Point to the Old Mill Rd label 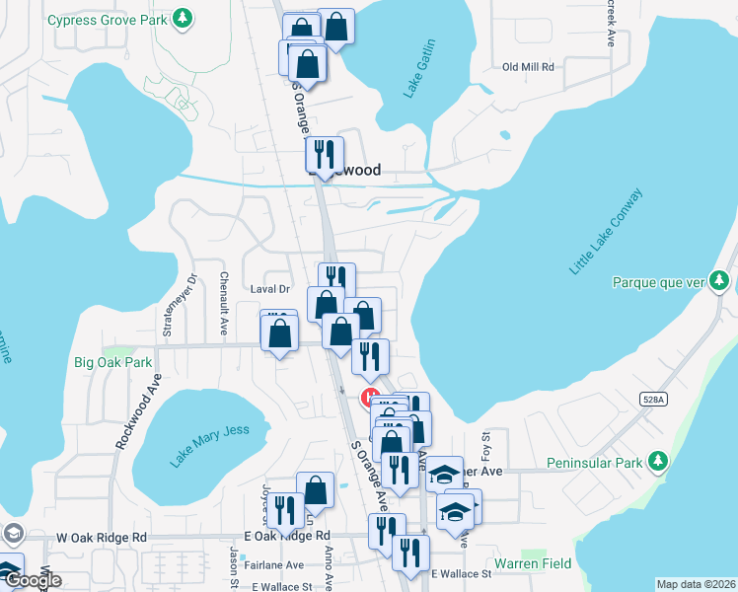click(529, 67)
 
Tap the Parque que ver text click(656, 282)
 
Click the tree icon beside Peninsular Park click(657, 462)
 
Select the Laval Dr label click(268, 289)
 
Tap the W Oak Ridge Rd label click(102, 538)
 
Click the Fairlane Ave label click(274, 565)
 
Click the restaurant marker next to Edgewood click(324, 154)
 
